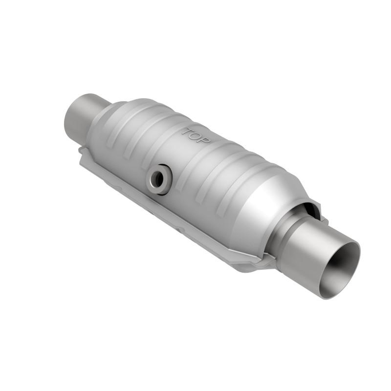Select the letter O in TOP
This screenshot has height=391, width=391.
196,136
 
